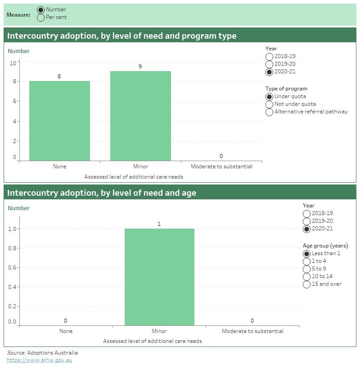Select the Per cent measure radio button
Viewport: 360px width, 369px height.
tap(40, 18)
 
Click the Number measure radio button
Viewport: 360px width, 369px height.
tap(40, 10)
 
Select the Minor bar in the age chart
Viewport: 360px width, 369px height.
tap(159, 277)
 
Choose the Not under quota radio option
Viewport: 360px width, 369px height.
tap(270, 104)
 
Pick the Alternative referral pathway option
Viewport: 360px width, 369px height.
tap(270, 112)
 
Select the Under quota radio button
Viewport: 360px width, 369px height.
tap(270, 96)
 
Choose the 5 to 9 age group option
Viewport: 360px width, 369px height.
tap(307, 269)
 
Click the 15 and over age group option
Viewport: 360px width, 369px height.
tap(307, 284)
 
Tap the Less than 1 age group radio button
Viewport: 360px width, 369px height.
tap(307, 253)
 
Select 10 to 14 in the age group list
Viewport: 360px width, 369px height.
tap(307, 276)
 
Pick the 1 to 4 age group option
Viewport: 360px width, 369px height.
tap(307, 261)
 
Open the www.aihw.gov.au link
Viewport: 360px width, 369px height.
tap(39, 360)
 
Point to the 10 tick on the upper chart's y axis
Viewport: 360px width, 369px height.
tap(13, 63)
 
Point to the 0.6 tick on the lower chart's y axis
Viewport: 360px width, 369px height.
tap(12, 267)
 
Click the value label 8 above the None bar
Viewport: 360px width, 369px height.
tap(59, 76)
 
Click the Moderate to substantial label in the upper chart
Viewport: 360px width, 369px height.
tap(221, 166)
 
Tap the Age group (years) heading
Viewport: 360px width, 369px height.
tap(325, 246)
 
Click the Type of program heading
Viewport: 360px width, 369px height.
tap(286, 89)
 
